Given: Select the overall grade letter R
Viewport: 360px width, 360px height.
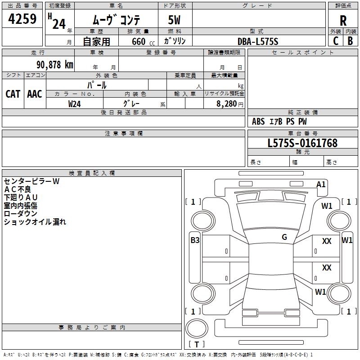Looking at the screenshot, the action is click(343, 20).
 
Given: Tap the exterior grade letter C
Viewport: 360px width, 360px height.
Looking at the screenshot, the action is click(335, 40).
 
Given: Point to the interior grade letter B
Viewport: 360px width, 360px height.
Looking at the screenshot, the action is click(350, 40).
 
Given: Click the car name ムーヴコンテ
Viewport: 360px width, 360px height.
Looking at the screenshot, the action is click(116, 20).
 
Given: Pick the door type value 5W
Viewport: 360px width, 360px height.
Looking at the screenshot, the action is click(175, 20).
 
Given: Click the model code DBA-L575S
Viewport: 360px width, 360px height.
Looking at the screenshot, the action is click(258, 41).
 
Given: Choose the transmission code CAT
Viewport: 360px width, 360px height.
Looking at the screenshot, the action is click(13, 94).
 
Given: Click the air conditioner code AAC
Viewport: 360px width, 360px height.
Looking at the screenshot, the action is click(35, 94).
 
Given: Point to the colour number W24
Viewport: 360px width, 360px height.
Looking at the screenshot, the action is click(74, 103).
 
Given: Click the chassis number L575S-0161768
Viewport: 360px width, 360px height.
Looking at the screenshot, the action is click(302, 143).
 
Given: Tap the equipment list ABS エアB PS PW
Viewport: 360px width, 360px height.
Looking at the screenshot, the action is click(279, 121).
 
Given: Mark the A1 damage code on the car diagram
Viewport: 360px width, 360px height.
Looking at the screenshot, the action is click(321, 184).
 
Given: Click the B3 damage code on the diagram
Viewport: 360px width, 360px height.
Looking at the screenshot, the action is click(194, 240).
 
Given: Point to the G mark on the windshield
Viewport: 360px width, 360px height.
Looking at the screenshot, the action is click(284, 237).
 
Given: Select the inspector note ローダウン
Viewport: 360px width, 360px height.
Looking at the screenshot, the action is click(21, 213).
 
